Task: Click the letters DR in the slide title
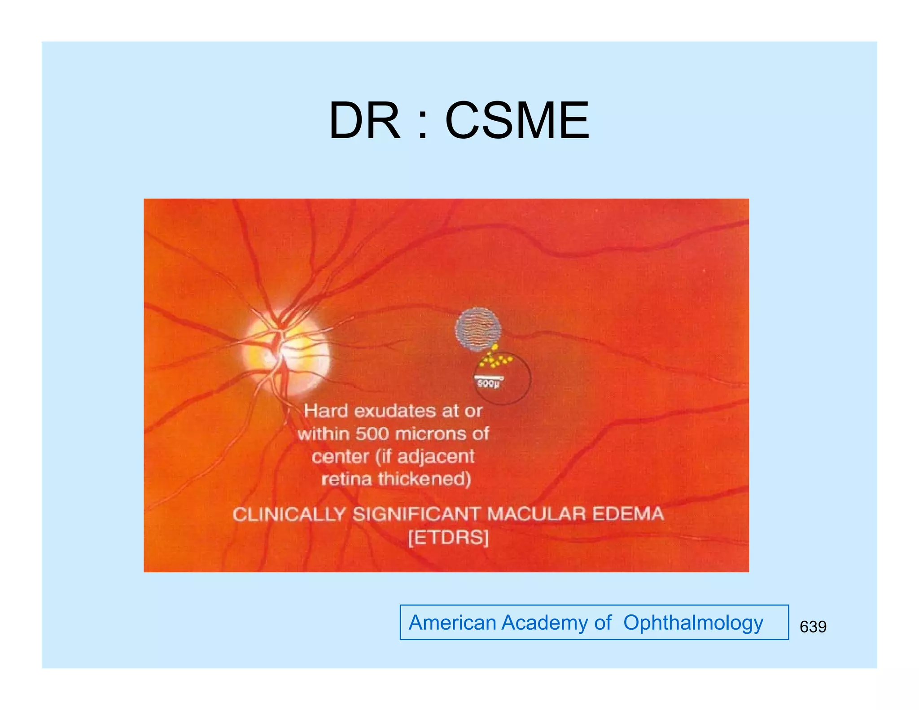[364, 121]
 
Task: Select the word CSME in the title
[517, 121]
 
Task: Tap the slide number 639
[813, 627]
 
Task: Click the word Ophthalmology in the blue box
[693, 623]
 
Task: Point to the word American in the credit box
[452, 623]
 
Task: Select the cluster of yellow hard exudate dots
[495, 359]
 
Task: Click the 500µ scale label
[488, 384]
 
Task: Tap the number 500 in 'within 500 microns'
[372, 434]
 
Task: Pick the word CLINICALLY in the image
[289, 514]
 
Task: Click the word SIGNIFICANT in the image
[416, 514]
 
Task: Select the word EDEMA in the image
[628, 514]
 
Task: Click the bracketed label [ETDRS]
[448, 538]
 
